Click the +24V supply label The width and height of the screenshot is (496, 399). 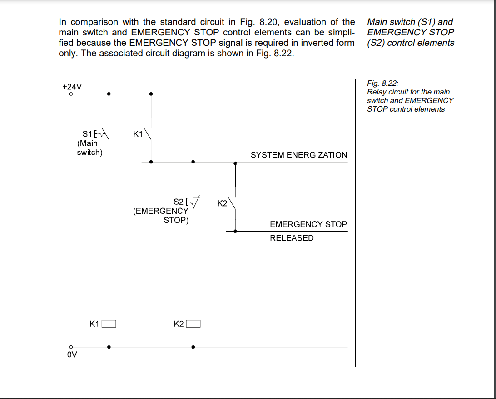[72, 86]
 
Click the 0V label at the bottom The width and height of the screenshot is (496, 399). [72, 355]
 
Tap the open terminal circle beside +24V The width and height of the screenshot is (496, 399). [71, 94]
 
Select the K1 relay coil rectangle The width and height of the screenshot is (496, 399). [109, 324]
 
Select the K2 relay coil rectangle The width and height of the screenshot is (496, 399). [193, 324]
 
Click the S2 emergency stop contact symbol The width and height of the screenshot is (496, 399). [195, 202]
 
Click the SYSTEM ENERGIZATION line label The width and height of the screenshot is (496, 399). [298, 155]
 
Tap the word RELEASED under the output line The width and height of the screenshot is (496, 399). [292, 238]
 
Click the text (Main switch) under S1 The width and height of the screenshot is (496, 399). [89, 148]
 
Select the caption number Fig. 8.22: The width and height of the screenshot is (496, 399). [382, 83]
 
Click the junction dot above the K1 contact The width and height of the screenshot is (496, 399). [151, 94]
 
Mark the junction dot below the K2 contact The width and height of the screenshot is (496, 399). [235, 231]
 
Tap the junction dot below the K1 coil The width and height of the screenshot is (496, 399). [109, 347]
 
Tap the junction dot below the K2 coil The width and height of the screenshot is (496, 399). [193, 347]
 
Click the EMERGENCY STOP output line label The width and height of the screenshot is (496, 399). [308, 224]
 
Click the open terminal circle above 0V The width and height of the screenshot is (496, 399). [71, 347]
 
